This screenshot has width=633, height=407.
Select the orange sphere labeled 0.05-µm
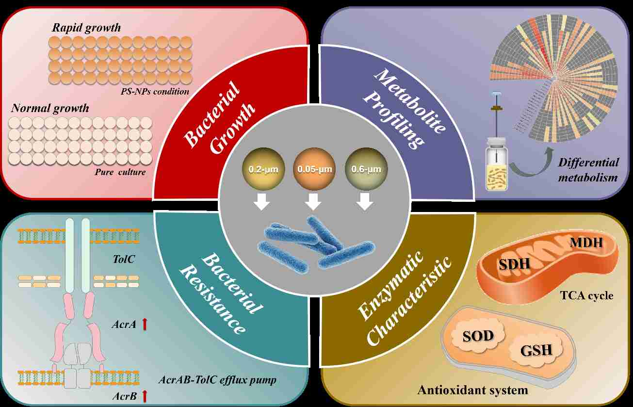coord(313,170)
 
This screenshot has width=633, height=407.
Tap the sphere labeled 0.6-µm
coord(363,170)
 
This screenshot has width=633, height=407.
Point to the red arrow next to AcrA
coord(144,324)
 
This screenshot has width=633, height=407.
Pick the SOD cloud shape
coord(477,335)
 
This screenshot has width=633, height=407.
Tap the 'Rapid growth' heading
coord(86,28)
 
